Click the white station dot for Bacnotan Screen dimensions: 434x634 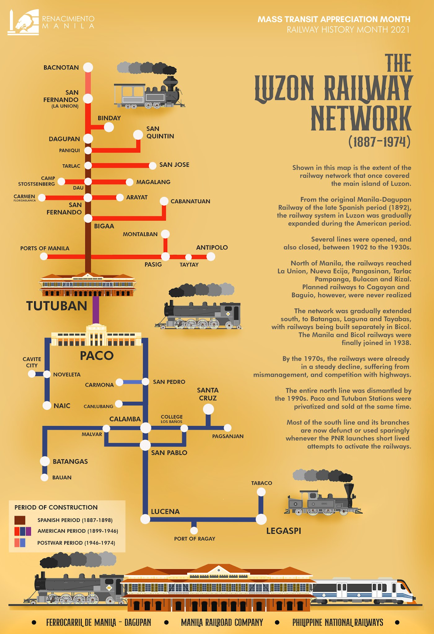tap(88, 67)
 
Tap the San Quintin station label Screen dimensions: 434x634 tap(160, 132)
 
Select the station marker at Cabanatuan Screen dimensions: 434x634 tap(164, 201)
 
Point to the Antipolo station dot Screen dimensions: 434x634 tap(210, 256)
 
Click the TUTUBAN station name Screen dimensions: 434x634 tap(57, 306)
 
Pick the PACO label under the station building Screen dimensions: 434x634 tap(97, 355)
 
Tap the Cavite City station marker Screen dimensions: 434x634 tap(32, 374)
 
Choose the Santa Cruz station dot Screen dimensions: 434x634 tap(208, 409)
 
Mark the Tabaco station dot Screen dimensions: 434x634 tap(261, 492)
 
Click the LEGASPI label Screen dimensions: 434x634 tap(284, 531)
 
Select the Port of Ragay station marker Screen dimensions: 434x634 tap(194, 530)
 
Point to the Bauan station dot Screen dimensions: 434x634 tap(44, 477)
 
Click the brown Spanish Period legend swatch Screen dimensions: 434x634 tap(20, 520)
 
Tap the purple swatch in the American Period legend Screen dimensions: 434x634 tap(28, 531)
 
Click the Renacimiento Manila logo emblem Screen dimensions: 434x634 tap(23, 22)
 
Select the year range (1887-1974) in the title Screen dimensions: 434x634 tap(379, 141)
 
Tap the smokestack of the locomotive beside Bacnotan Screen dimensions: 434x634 tap(170, 82)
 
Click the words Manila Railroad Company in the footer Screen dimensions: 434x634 tap(222, 623)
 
